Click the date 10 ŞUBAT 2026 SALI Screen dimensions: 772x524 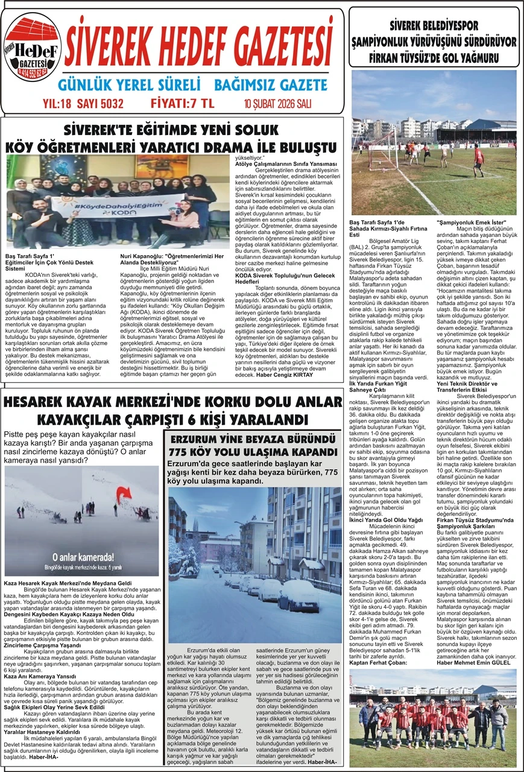coord(286,103)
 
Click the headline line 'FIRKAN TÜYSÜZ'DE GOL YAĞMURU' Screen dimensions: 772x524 coord(433,58)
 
